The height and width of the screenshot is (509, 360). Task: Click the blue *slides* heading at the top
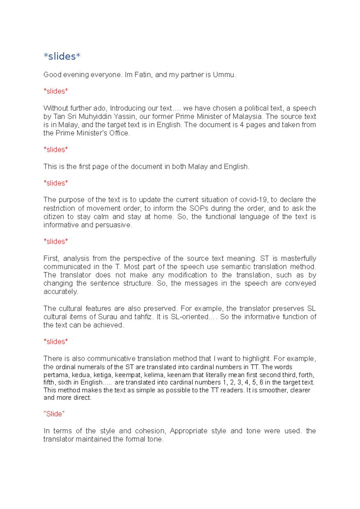[62, 56]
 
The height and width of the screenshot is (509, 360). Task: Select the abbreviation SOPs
[199, 208]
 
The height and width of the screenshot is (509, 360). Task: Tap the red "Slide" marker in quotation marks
[54, 414]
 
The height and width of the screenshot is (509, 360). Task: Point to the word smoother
[272, 390]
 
